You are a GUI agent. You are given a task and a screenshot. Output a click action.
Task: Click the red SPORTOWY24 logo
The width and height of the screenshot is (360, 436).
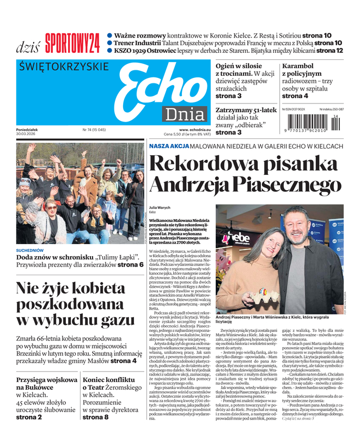pyautogui.click(x=72, y=43)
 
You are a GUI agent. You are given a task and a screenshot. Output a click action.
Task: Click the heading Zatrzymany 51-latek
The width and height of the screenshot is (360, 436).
pyautogui.click(x=246, y=109)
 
